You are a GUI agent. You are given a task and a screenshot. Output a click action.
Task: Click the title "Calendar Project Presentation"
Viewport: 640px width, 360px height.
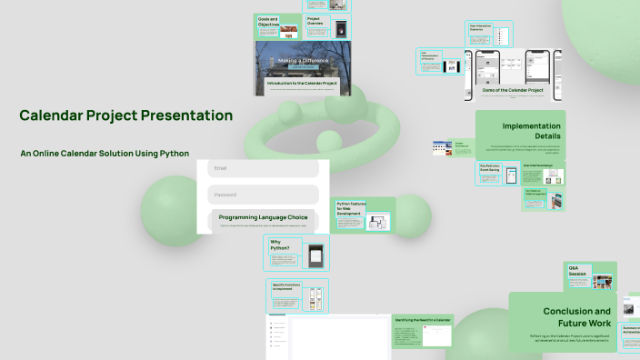point(125,115)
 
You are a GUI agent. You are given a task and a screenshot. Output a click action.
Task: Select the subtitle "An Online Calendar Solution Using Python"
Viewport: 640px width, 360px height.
point(105,154)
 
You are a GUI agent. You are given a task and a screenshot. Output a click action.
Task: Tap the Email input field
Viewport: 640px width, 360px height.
point(263,168)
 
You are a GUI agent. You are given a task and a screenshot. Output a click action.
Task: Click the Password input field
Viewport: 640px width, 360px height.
point(263,195)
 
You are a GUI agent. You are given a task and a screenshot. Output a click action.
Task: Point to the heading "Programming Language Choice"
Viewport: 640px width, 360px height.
point(263,217)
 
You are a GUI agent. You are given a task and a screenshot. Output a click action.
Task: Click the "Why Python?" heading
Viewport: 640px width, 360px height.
point(280,245)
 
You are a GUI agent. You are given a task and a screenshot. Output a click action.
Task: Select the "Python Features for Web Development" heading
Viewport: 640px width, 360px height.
point(352,210)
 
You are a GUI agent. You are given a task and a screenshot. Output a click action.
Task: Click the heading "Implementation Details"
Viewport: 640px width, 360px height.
point(528,130)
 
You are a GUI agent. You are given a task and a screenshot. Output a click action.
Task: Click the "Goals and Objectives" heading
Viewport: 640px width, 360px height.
point(269,21)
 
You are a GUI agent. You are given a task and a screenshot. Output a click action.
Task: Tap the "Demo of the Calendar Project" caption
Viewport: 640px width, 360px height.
point(510,90)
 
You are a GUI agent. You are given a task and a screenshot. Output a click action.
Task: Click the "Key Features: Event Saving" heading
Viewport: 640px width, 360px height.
point(492,167)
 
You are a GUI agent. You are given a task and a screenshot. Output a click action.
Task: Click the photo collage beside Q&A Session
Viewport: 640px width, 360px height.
point(601,281)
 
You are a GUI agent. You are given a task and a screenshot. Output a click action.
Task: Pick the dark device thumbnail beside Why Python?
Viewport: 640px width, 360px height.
point(315,255)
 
